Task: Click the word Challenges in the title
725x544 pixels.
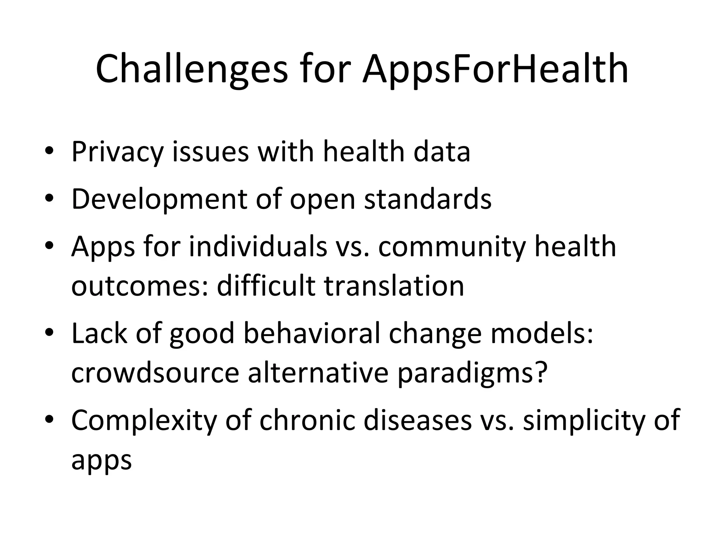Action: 192,69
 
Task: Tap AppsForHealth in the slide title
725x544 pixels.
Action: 495,69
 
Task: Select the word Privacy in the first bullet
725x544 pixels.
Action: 117,152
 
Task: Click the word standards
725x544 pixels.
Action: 428,199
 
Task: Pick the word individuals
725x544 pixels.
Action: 258,246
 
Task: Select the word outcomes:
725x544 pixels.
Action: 139,286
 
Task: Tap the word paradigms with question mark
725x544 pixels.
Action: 473,374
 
